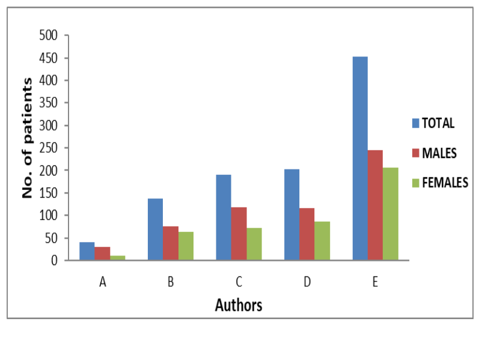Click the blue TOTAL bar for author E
click(x=360, y=159)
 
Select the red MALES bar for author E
click(x=375, y=205)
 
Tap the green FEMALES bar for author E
click(x=390, y=214)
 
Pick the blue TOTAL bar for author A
click(x=87, y=251)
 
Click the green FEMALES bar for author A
click(x=118, y=258)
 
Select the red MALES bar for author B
click(x=171, y=243)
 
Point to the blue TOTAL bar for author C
click(x=224, y=218)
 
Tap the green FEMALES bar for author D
click(x=322, y=241)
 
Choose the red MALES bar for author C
click(x=239, y=234)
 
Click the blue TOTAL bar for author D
click(x=291, y=215)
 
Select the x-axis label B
click(x=171, y=282)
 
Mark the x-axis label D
click(x=307, y=282)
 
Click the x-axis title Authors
click(x=239, y=305)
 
